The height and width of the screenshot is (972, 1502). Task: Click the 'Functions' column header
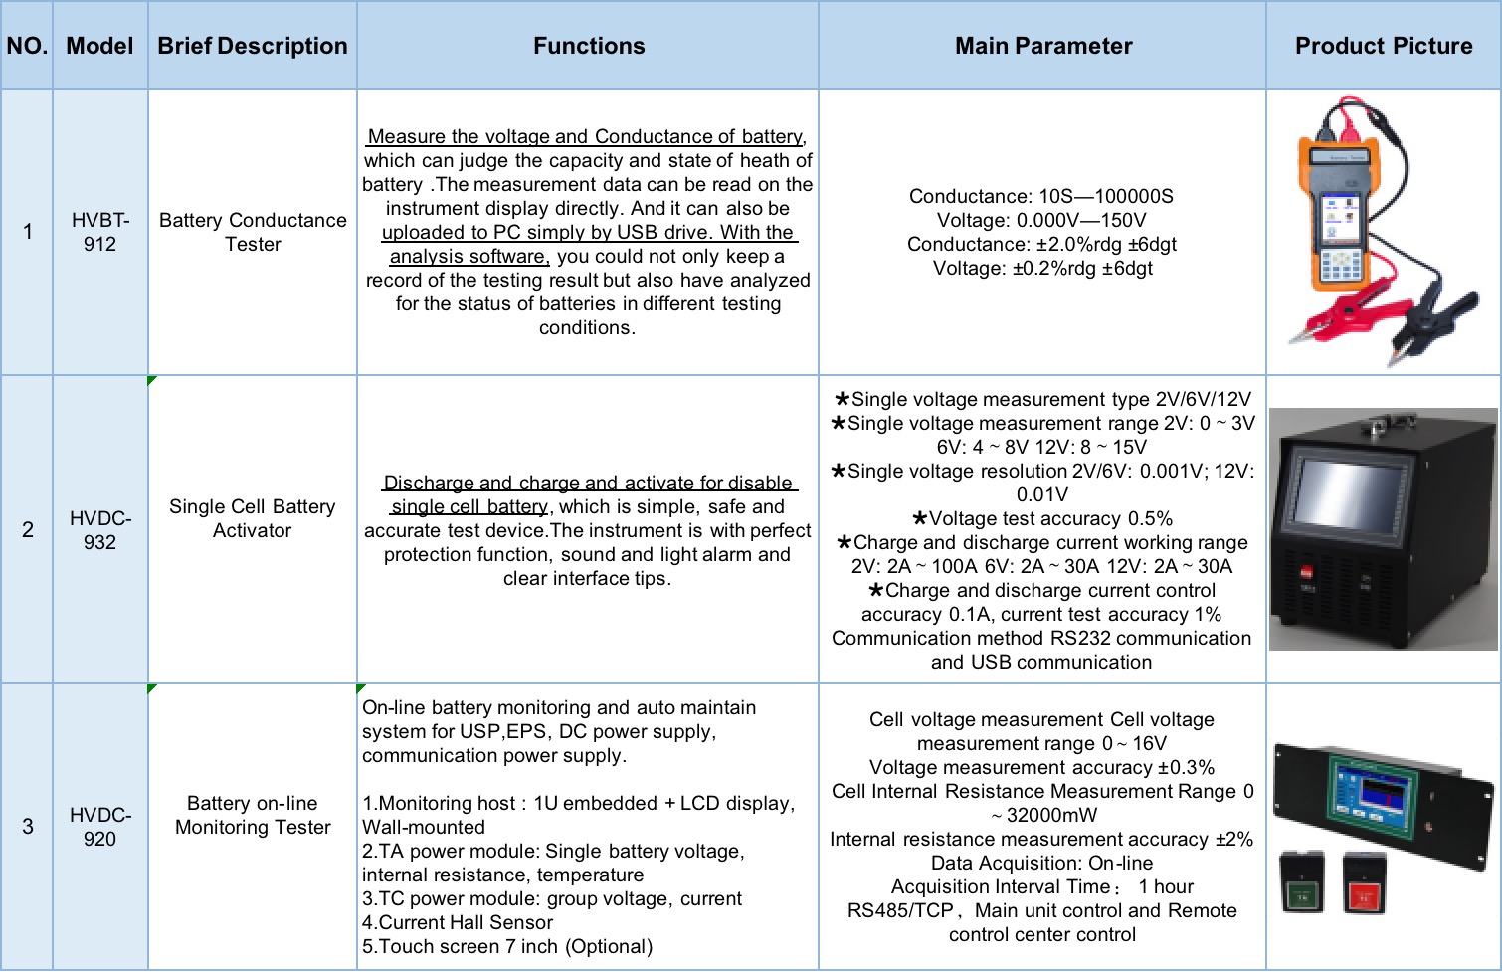point(588,46)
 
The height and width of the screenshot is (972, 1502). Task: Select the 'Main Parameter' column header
point(1042,46)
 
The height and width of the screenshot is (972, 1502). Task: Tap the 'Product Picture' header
point(1383,46)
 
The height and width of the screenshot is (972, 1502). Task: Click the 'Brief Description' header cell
point(253,46)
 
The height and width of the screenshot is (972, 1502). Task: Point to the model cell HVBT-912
point(99,232)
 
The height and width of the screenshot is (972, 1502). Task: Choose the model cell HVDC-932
point(99,530)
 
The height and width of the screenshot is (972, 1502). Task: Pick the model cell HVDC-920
point(99,827)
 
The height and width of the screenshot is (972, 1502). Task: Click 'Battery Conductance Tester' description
point(253,232)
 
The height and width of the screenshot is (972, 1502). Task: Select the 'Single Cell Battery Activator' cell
point(253,518)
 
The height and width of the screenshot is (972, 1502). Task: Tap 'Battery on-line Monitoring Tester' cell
point(253,815)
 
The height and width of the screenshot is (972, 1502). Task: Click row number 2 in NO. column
point(28,529)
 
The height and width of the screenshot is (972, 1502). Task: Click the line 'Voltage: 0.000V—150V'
point(1041,220)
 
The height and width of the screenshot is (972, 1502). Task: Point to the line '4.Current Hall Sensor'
point(458,922)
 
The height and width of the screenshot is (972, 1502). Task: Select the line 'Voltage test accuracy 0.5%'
point(1042,518)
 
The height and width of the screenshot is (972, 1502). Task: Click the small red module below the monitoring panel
point(1364,882)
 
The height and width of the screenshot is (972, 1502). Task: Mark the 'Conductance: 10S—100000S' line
point(1041,196)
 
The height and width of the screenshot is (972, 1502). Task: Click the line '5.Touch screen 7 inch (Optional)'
point(507,946)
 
